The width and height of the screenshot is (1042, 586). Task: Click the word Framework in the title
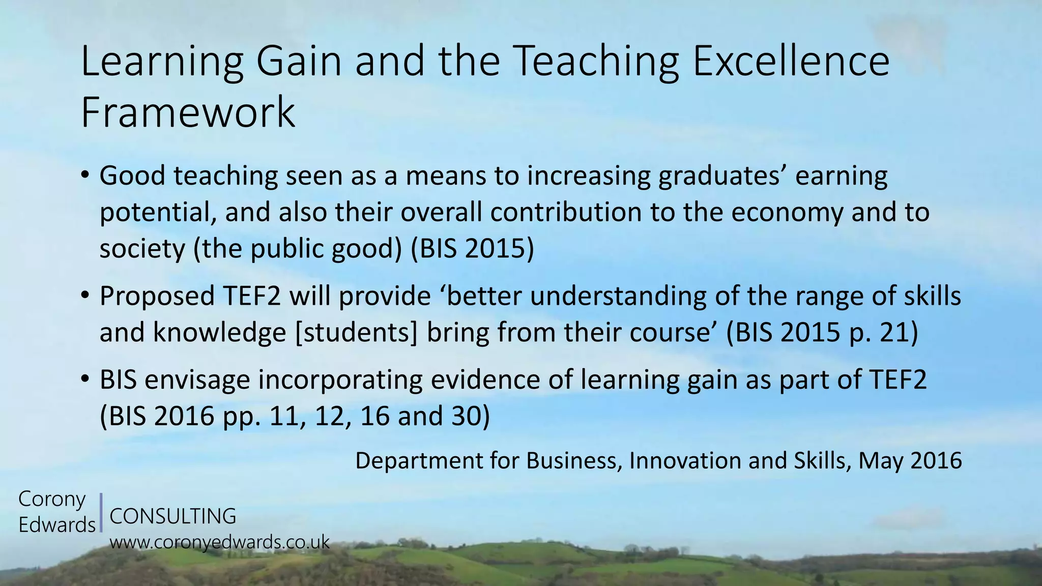(x=188, y=112)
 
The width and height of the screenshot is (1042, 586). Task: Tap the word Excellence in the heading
(x=791, y=62)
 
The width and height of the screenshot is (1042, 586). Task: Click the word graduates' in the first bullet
(x=722, y=177)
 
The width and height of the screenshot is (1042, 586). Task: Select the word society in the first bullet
(x=142, y=249)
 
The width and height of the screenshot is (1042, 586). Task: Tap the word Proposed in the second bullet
(x=157, y=297)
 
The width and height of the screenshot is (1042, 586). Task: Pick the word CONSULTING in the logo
(x=173, y=516)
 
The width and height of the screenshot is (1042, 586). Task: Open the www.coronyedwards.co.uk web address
(x=220, y=542)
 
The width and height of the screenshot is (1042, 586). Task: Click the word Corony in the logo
(x=52, y=500)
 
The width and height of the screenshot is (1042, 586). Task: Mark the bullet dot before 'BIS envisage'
(x=85, y=379)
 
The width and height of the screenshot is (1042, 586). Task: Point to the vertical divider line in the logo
(x=102, y=512)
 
